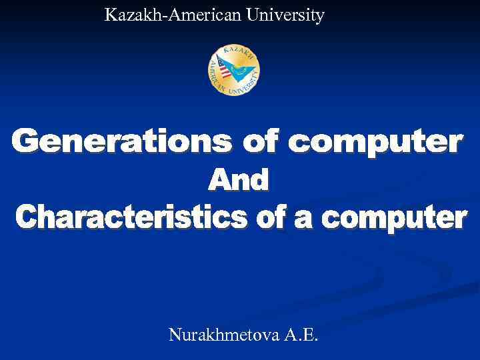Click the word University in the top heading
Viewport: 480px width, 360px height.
[x=285, y=15]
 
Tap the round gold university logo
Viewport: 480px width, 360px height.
[x=234, y=70]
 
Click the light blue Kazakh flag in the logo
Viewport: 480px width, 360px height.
[x=243, y=67]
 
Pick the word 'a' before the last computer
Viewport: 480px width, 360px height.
[x=303, y=217]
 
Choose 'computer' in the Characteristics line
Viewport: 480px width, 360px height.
[x=393, y=218]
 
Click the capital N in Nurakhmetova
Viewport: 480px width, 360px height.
[x=175, y=334]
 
